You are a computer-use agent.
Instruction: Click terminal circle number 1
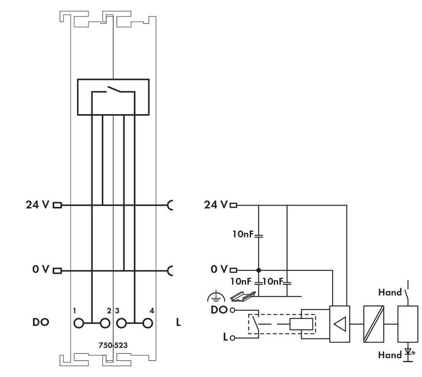78,324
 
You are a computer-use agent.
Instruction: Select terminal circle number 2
104,324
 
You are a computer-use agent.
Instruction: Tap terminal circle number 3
122,324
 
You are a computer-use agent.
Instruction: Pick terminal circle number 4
147,324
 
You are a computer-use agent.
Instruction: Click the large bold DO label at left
41,323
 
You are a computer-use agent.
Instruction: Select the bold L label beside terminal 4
178,323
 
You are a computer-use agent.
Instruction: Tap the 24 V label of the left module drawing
37,205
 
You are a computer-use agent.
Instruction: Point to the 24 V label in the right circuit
216,205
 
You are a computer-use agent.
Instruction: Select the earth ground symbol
213,297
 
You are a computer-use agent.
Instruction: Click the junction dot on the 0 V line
258,270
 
